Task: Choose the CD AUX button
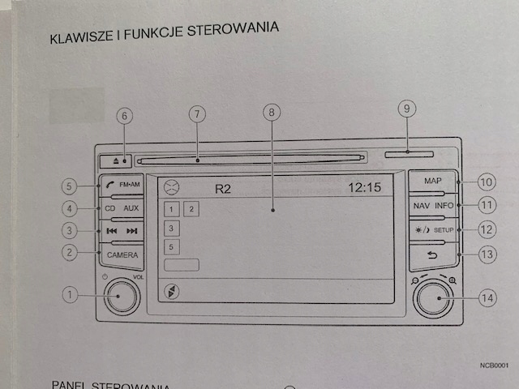(122, 208)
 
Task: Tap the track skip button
(122, 232)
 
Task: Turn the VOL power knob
(119, 297)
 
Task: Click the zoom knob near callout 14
(434, 298)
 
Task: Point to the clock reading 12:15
(364, 187)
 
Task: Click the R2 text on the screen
(223, 189)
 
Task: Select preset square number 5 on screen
(171, 246)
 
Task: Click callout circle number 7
(196, 115)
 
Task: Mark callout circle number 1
(71, 296)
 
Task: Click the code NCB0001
(493, 366)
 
